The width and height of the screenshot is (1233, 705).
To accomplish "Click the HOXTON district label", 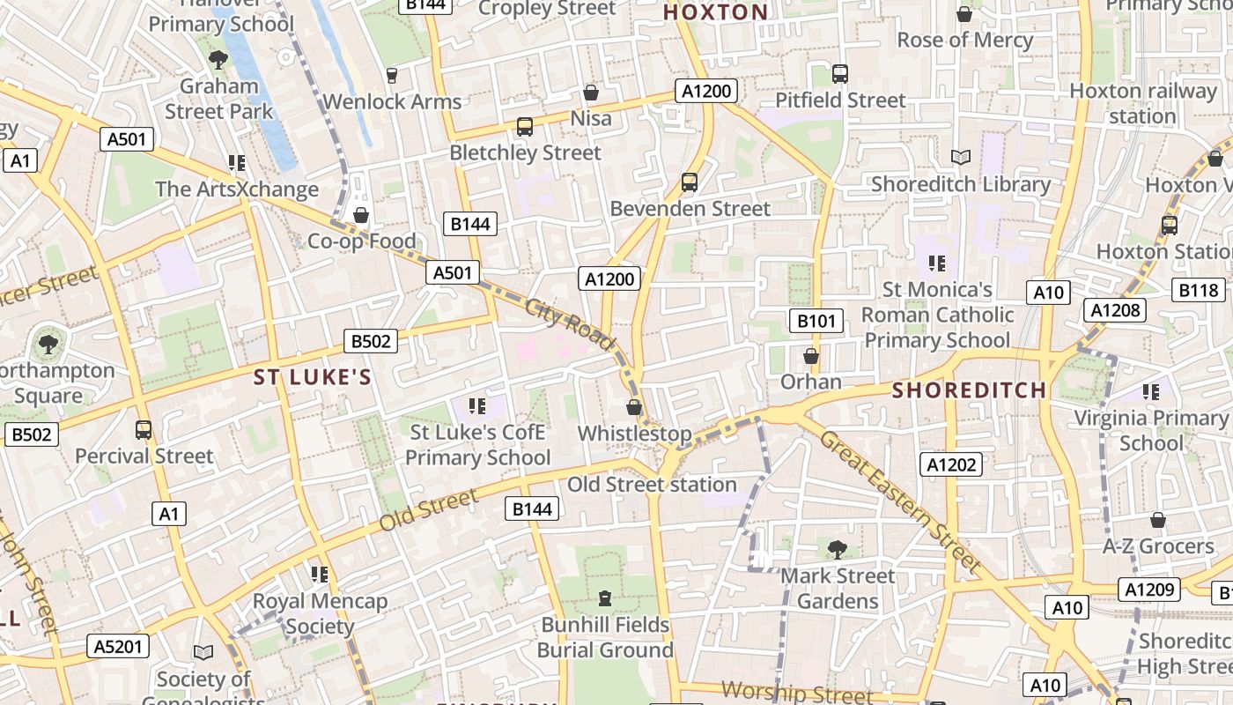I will (715, 12).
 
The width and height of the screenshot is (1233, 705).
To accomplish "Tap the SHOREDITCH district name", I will (970, 390).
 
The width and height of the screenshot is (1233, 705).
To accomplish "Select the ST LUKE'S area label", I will (313, 377).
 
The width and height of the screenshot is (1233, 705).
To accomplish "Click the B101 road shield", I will (815, 321).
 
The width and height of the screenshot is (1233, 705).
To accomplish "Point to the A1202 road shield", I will (952, 464).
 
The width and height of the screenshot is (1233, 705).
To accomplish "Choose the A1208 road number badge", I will (1116, 309).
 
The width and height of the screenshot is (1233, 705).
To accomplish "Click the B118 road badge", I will (1199, 290).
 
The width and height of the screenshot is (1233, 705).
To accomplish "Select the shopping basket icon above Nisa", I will (591, 93).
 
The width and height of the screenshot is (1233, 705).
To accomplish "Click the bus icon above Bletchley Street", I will (525, 127).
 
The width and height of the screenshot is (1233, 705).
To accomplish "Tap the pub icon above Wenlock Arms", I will (392, 76).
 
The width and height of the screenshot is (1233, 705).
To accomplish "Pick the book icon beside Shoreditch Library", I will (961, 158).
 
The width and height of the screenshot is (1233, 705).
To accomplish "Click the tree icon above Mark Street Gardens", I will (837, 550).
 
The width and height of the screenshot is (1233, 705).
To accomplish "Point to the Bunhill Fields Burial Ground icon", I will (605, 599).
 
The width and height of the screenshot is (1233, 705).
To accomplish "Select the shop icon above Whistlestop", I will (633, 407).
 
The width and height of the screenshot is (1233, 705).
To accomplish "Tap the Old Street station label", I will (652, 485).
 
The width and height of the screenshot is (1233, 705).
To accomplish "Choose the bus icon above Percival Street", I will (144, 430).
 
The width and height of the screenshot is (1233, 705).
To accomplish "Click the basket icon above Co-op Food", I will (360, 215).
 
